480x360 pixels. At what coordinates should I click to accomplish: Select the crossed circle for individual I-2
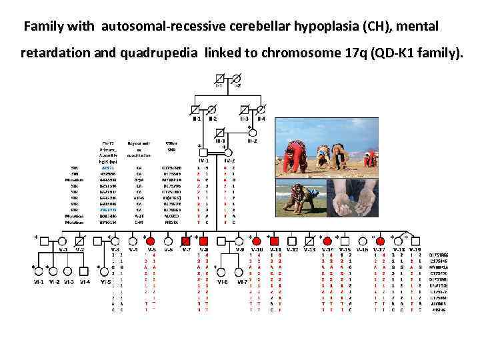(x=236, y=77)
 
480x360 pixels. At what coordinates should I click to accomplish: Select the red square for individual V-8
(x=204, y=240)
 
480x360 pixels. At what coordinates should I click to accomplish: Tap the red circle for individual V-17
(x=380, y=240)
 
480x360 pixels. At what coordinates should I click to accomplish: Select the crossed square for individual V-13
(x=310, y=240)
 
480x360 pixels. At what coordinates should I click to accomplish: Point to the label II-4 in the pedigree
(x=261, y=119)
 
